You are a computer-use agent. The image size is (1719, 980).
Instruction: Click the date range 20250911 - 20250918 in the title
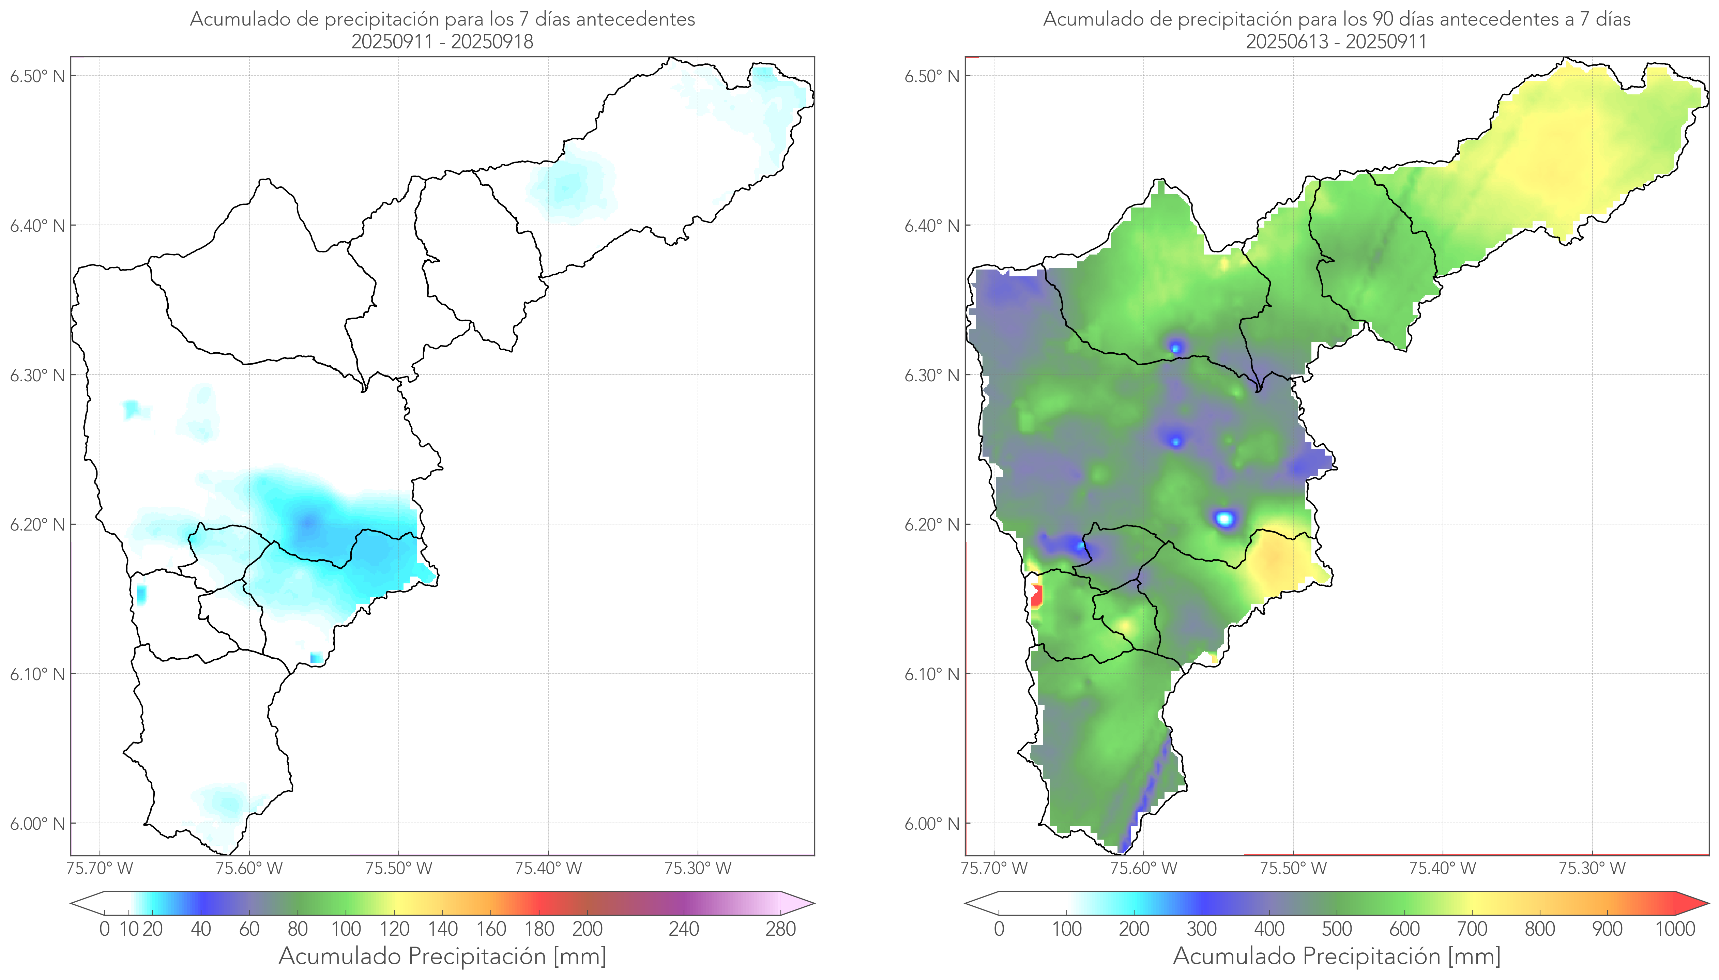pos(442,42)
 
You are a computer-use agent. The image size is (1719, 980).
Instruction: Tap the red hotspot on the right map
pos(1036,596)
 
